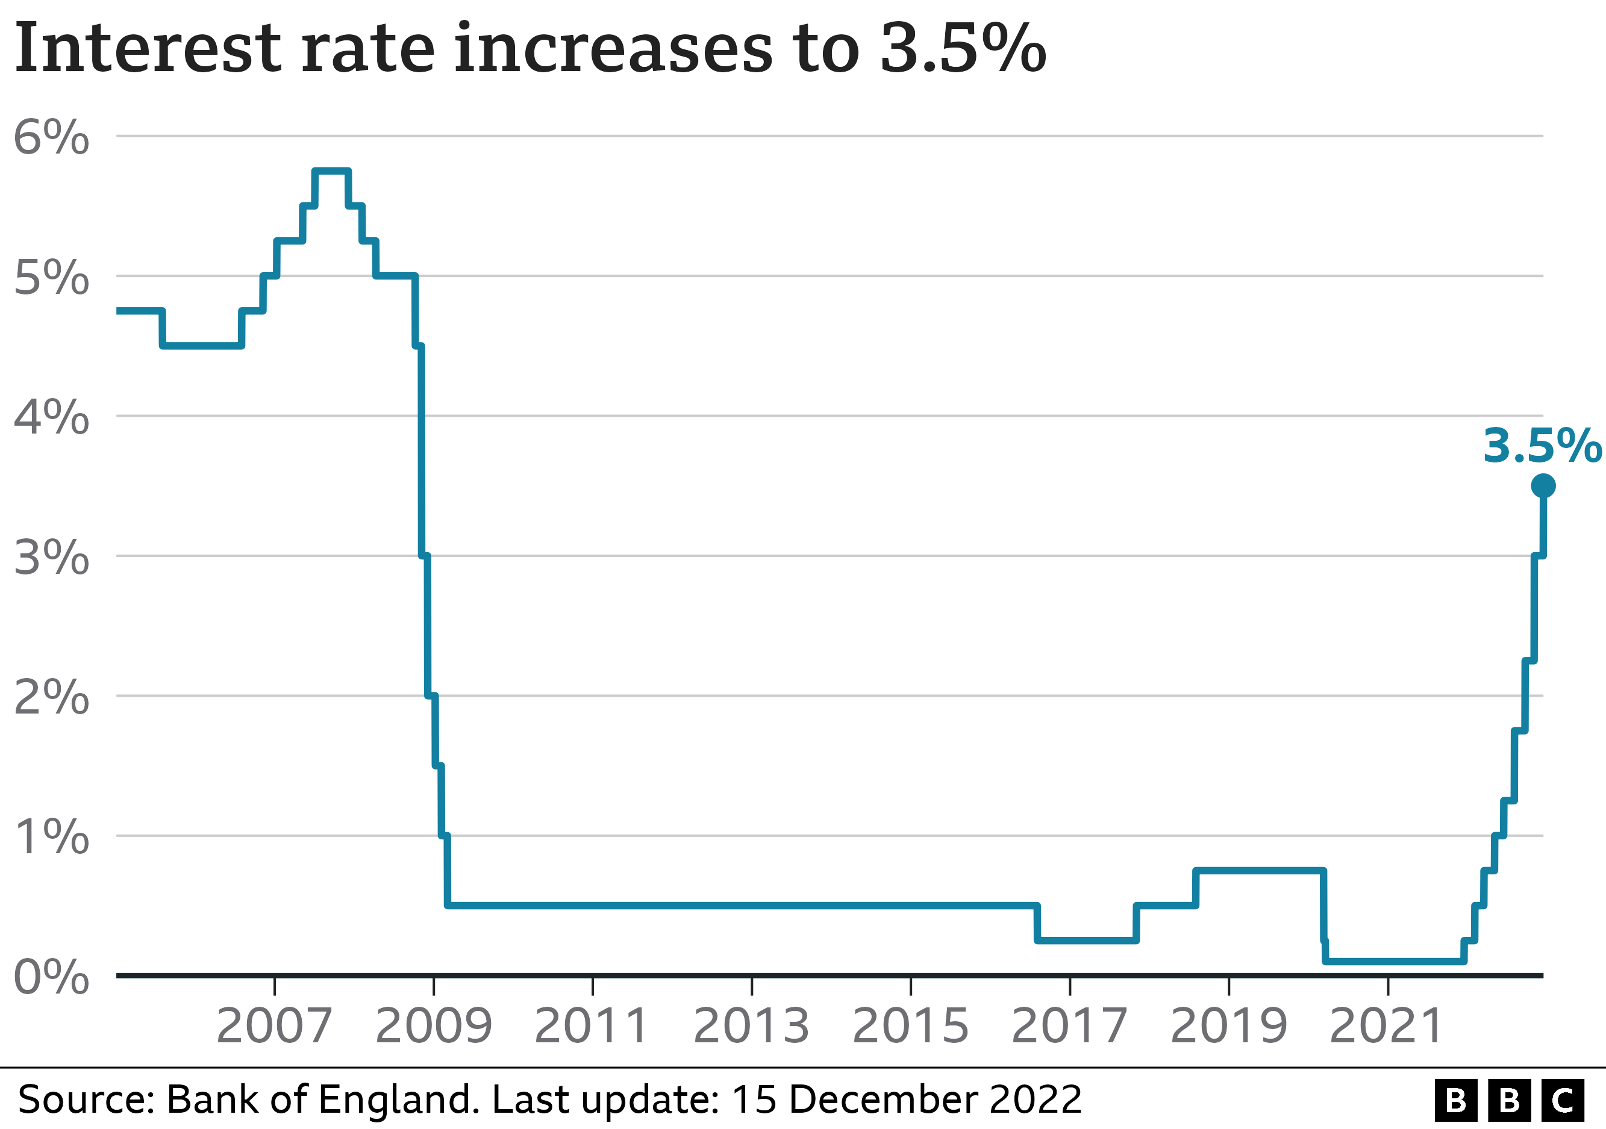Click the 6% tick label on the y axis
(51, 137)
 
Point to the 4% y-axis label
(51, 417)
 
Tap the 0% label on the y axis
(51, 977)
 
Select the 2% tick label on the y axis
(51, 697)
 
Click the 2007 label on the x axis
(273, 1025)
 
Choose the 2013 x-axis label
(751, 1025)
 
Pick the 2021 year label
(1386, 1025)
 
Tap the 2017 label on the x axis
(1069, 1025)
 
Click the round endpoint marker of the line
(1543, 485)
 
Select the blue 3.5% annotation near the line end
(1542, 446)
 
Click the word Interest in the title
(147, 49)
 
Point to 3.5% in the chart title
(963, 49)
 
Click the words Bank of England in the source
(322, 1099)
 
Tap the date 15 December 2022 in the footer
(907, 1099)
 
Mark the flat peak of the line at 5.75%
(331, 171)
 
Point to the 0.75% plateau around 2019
(1259, 870)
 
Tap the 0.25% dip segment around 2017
(1086, 941)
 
